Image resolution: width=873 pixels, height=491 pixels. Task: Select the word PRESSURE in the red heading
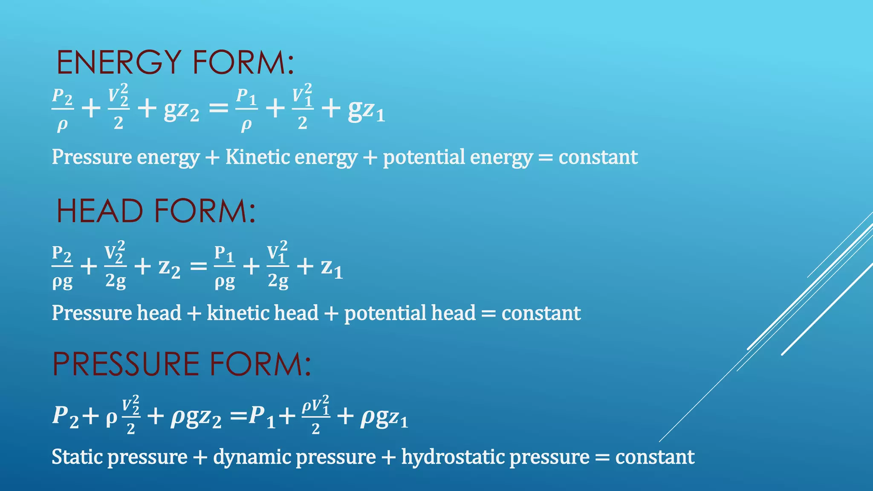pyautogui.click(x=126, y=364)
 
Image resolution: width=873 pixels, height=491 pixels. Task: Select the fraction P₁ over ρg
pyautogui.click(x=224, y=267)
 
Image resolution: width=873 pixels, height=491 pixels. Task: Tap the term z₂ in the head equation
pyautogui.click(x=169, y=268)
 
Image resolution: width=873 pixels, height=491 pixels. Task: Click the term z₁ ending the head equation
pyautogui.click(x=332, y=268)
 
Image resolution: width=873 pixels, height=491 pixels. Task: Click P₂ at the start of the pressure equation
pyautogui.click(x=65, y=416)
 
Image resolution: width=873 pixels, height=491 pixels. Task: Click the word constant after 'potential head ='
pyautogui.click(x=541, y=313)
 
